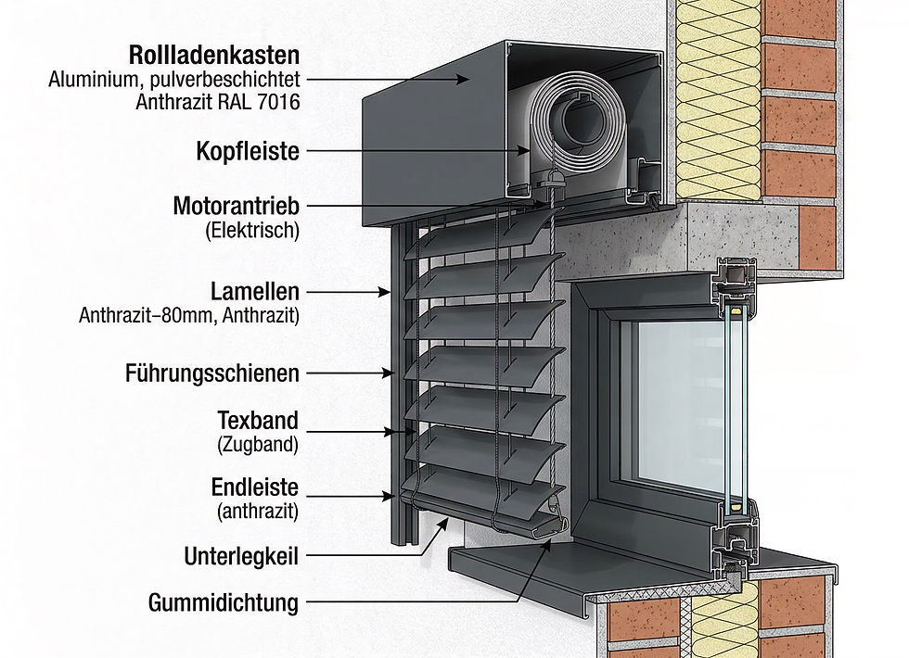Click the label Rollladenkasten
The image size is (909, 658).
214,54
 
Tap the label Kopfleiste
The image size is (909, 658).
248,150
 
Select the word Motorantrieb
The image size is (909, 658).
237,205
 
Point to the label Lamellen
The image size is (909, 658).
254,291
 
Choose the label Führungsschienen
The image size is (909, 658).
211,373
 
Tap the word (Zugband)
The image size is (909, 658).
257,445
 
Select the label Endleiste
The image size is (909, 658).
255,486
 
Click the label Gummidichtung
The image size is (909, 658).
224,603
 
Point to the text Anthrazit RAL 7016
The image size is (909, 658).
217,103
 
